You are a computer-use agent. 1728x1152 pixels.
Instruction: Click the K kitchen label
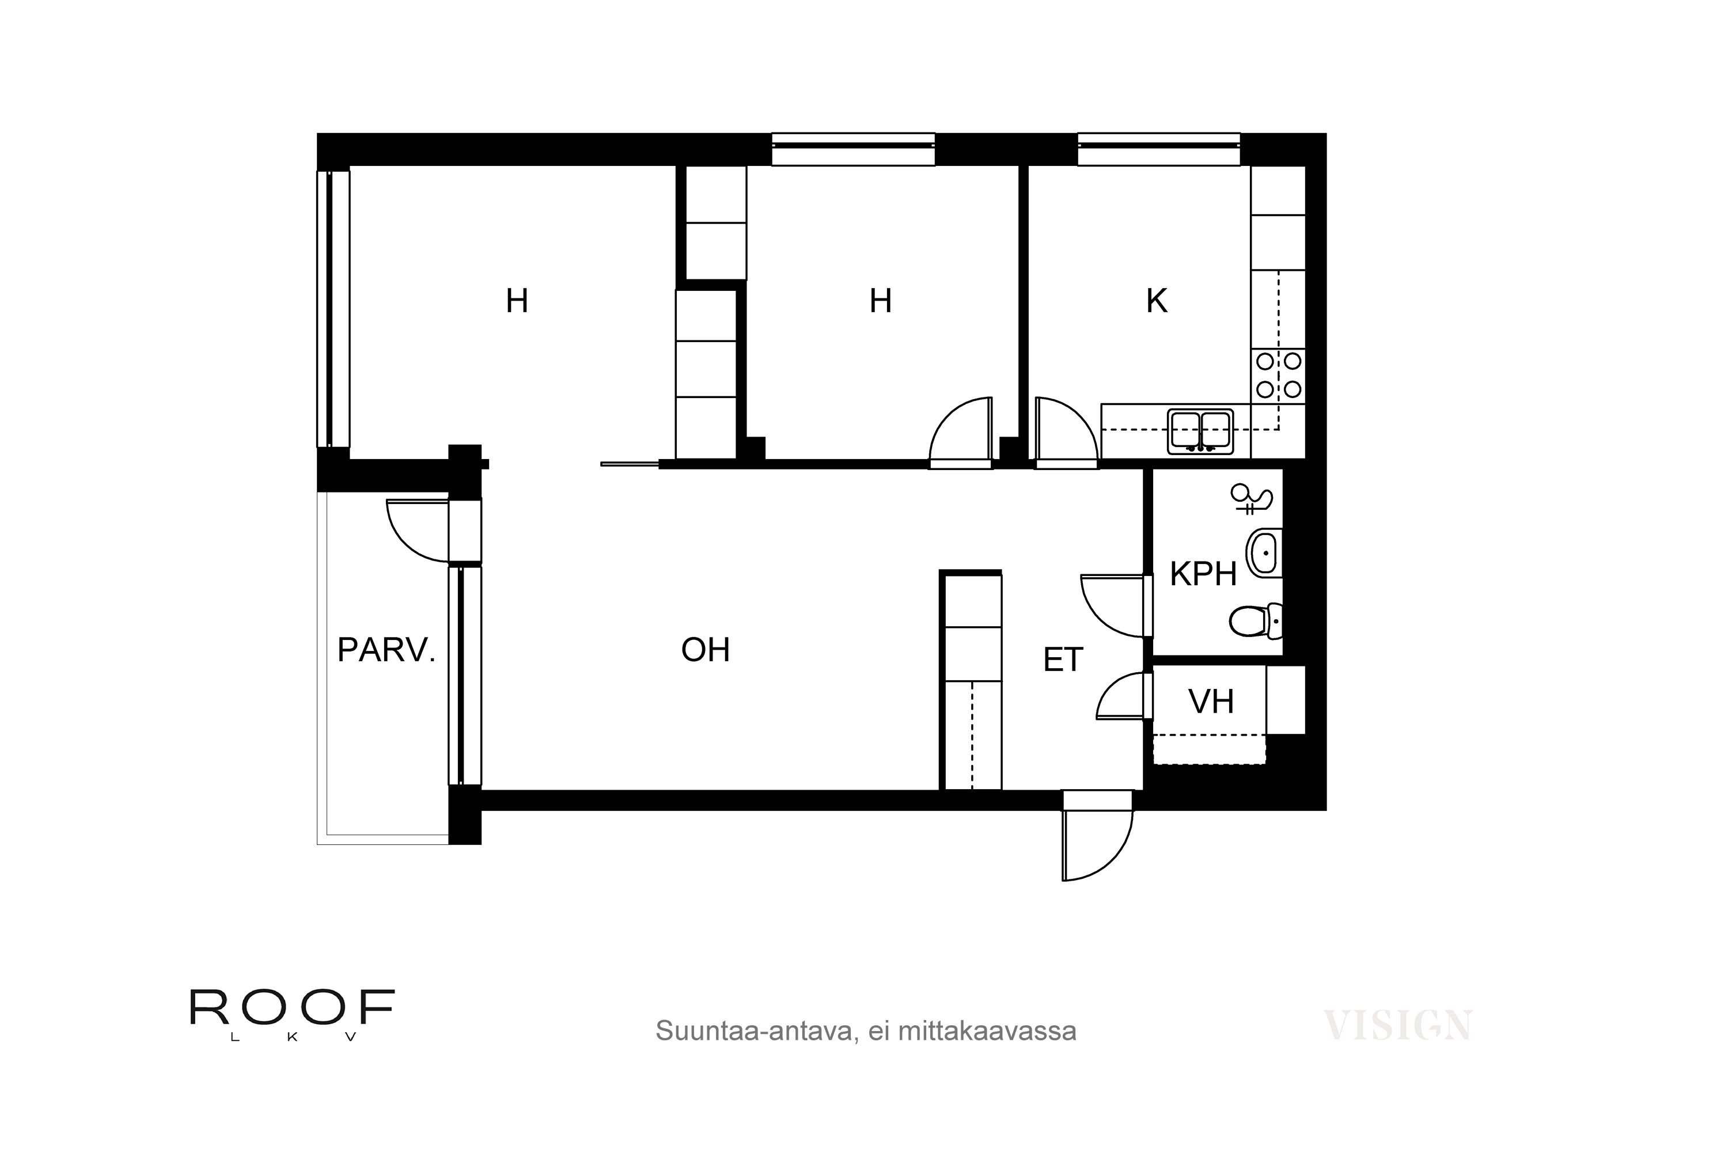1157,301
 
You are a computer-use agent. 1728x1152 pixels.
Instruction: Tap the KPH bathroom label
1203,574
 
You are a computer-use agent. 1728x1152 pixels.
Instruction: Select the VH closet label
1211,702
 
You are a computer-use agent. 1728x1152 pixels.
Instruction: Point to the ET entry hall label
1062,661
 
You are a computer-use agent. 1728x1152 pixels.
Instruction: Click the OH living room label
705,650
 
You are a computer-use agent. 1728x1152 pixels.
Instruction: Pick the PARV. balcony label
386,650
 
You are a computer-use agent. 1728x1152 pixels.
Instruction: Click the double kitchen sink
1200,432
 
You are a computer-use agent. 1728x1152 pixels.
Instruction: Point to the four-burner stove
1278,375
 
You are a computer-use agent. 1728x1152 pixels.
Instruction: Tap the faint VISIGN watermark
1397,1026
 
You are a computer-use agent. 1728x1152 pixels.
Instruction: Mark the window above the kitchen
1158,149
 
